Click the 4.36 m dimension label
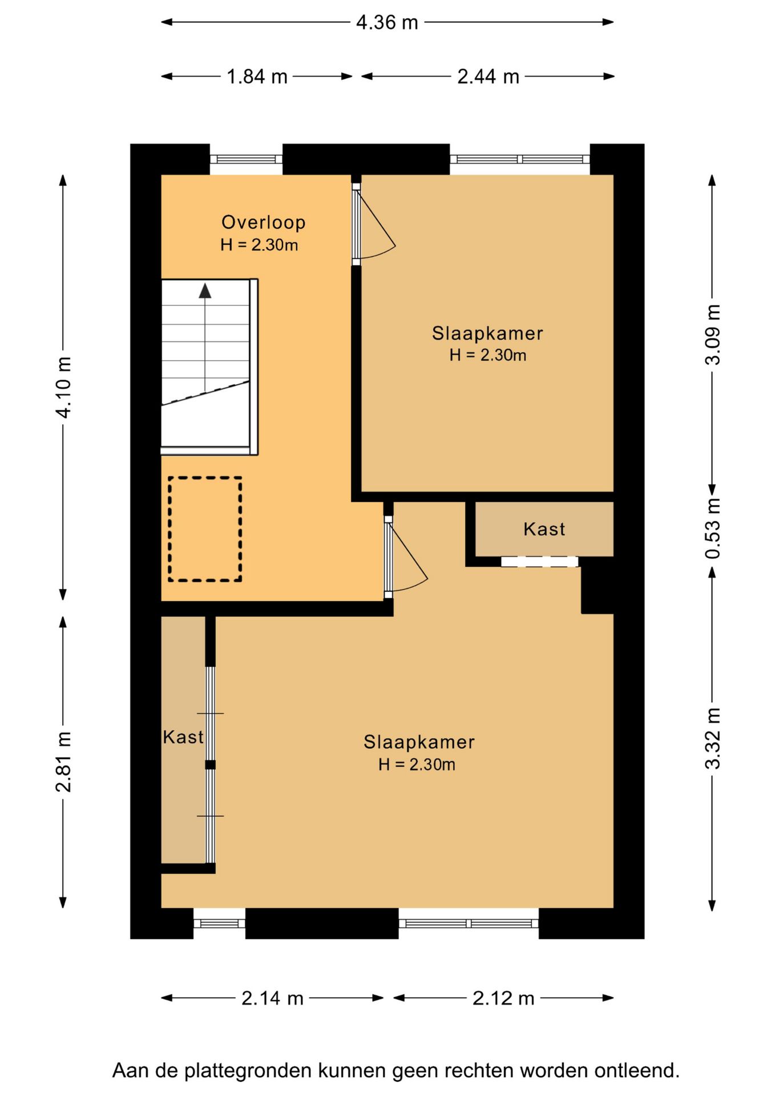[387, 22]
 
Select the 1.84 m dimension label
[257, 76]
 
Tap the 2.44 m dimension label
[488, 76]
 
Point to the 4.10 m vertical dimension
[63, 387]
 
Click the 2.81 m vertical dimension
[63, 761]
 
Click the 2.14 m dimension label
[272, 998]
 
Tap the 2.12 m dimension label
[503, 998]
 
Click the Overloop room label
[263, 223]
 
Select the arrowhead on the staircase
[205, 291]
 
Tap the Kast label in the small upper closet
[544, 529]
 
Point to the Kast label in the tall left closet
[183, 737]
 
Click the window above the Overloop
[246, 159]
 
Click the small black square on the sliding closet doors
[211, 765]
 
